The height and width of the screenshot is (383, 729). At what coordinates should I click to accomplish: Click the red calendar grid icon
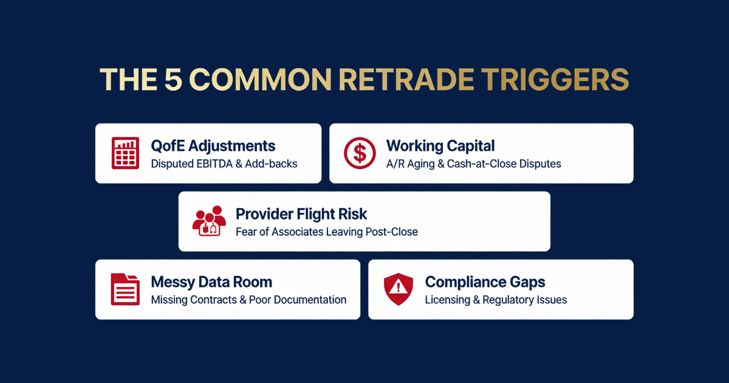(126, 153)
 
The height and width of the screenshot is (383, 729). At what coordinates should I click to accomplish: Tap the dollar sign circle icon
(360, 153)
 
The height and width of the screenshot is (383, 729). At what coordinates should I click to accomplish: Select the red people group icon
(209, 221)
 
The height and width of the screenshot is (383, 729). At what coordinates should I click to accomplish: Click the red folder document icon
(126, 289)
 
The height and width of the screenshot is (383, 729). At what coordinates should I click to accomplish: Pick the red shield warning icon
(399, 289)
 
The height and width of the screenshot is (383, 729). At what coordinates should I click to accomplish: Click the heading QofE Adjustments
(213, 146)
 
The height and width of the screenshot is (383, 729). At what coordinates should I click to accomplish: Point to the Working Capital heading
(440, 146)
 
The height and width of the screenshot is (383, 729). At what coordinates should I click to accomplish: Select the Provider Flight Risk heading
(301, 214)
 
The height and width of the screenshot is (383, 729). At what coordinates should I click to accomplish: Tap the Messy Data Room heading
(211, 282)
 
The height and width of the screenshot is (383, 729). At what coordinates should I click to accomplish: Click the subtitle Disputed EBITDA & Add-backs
(224, 164)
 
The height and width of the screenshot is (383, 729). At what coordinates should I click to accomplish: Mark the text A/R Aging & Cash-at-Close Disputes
(473, 164)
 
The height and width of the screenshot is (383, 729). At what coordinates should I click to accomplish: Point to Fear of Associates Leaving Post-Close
(327, 232)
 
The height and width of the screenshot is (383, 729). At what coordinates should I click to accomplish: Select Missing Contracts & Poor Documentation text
(248, 300)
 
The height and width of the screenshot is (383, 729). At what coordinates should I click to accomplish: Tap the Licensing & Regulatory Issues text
(496, 300)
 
